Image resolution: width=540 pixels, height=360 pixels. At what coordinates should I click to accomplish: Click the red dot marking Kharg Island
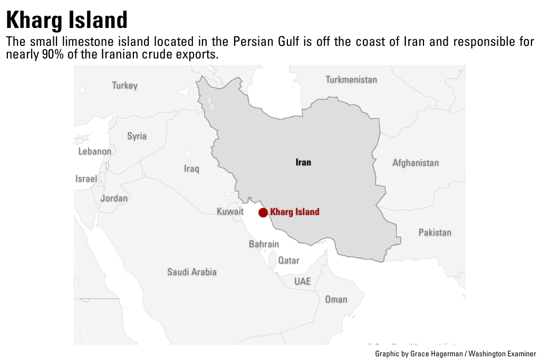pos(263,212)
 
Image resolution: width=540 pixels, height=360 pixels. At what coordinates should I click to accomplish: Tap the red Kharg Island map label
pos(294,212)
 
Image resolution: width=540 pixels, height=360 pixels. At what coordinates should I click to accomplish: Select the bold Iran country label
pos(303,162)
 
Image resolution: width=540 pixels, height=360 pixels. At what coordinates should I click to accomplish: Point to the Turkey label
pos(124,85)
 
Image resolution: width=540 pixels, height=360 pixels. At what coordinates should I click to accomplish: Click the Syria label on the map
pos(137,136)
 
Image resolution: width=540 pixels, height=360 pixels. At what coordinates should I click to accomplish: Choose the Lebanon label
pos(95,151)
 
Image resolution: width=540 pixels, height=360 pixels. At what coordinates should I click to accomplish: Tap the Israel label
pos(86,179)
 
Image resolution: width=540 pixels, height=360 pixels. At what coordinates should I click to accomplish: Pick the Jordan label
pos(114,198)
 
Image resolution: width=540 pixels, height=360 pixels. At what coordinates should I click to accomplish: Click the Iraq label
pos(191,169)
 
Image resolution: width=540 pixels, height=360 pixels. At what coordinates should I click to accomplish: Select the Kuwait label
pos(230,211)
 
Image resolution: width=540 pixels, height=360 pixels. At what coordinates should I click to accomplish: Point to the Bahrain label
pos(264,244)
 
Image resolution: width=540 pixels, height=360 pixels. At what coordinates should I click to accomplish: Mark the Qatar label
pos(288,260)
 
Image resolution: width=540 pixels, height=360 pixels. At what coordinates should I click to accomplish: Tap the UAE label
pos(303,281)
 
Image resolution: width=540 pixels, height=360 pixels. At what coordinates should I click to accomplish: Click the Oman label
pos(336,299)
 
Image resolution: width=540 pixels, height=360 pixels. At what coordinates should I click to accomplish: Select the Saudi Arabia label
pos(192,272)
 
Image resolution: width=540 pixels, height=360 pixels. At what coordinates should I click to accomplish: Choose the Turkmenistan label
pos(351,80)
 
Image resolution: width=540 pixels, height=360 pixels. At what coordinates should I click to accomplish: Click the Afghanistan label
pos(416,163)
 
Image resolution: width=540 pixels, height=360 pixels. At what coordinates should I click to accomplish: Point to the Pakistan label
pos(435,232)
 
